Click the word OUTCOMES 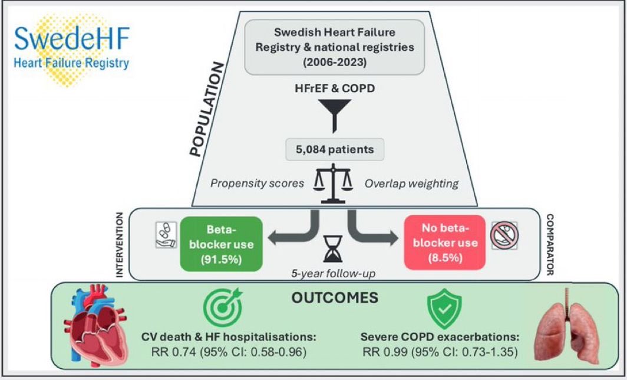click(335, 298)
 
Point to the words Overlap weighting click(410, 183)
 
